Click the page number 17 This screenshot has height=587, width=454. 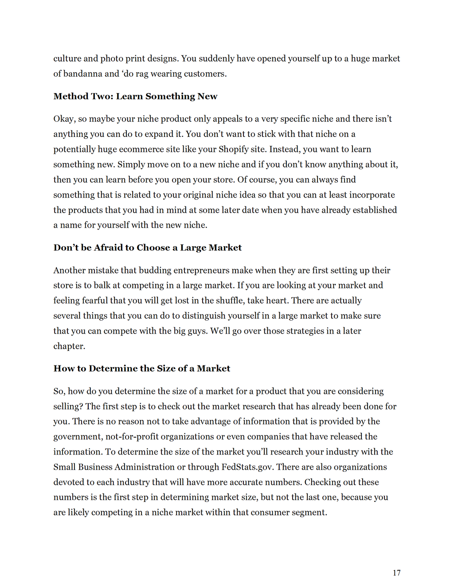point(396,573)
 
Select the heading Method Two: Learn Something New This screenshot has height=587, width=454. point(135,97)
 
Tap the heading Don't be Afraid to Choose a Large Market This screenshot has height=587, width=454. point(147,248)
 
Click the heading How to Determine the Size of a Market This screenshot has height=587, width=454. point(142,369)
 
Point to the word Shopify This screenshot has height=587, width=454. point(235,149)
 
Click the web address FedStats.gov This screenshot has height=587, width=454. point(247,467)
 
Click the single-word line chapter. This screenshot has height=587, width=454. point(69,346)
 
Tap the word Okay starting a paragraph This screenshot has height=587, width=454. point(64,119)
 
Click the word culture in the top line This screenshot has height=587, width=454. point(67,58)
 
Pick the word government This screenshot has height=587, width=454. point(77,437)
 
